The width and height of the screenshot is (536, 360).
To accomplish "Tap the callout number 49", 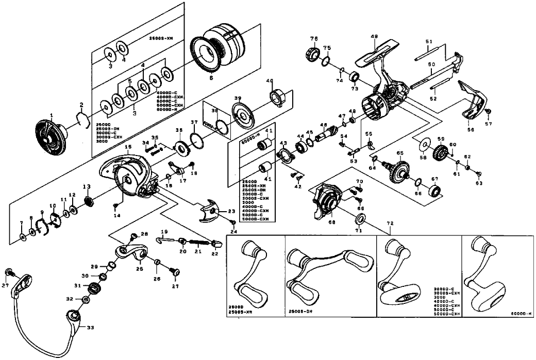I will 374,36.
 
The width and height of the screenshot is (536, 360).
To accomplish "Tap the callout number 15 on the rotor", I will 128,147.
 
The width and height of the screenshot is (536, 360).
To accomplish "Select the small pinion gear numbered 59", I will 440,153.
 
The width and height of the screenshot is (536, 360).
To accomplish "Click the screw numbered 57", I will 488,112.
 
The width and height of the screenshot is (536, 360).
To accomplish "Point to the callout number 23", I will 231,211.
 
